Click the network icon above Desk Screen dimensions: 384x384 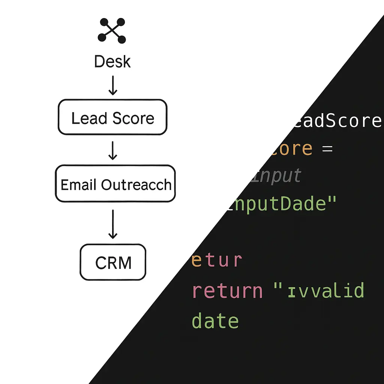(111, 31)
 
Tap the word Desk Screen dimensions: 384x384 (112, 62)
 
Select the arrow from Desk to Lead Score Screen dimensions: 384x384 (112, 86)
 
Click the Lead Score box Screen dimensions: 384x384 (112, 117)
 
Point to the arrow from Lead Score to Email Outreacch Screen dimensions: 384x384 (112, 150)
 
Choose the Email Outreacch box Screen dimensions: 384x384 (115, 184)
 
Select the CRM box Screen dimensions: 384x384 (113, 262)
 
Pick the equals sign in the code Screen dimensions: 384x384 (327, 149)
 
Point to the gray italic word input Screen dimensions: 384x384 (277, 175)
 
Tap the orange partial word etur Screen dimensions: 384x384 (217, 260)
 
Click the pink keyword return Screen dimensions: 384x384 (227, 291)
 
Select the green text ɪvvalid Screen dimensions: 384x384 (325, 291)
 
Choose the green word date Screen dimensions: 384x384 (215, 321)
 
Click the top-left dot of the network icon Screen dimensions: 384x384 (102, 22)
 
